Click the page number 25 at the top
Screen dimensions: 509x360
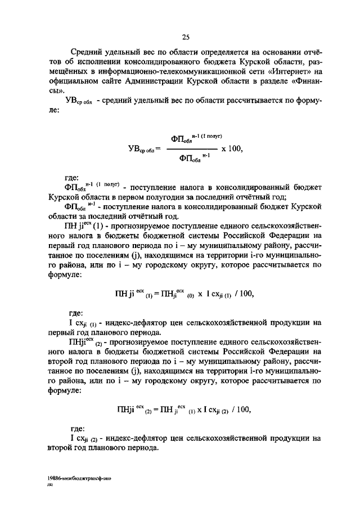186,38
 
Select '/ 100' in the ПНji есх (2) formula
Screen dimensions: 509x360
242,409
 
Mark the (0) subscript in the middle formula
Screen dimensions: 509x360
191,295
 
